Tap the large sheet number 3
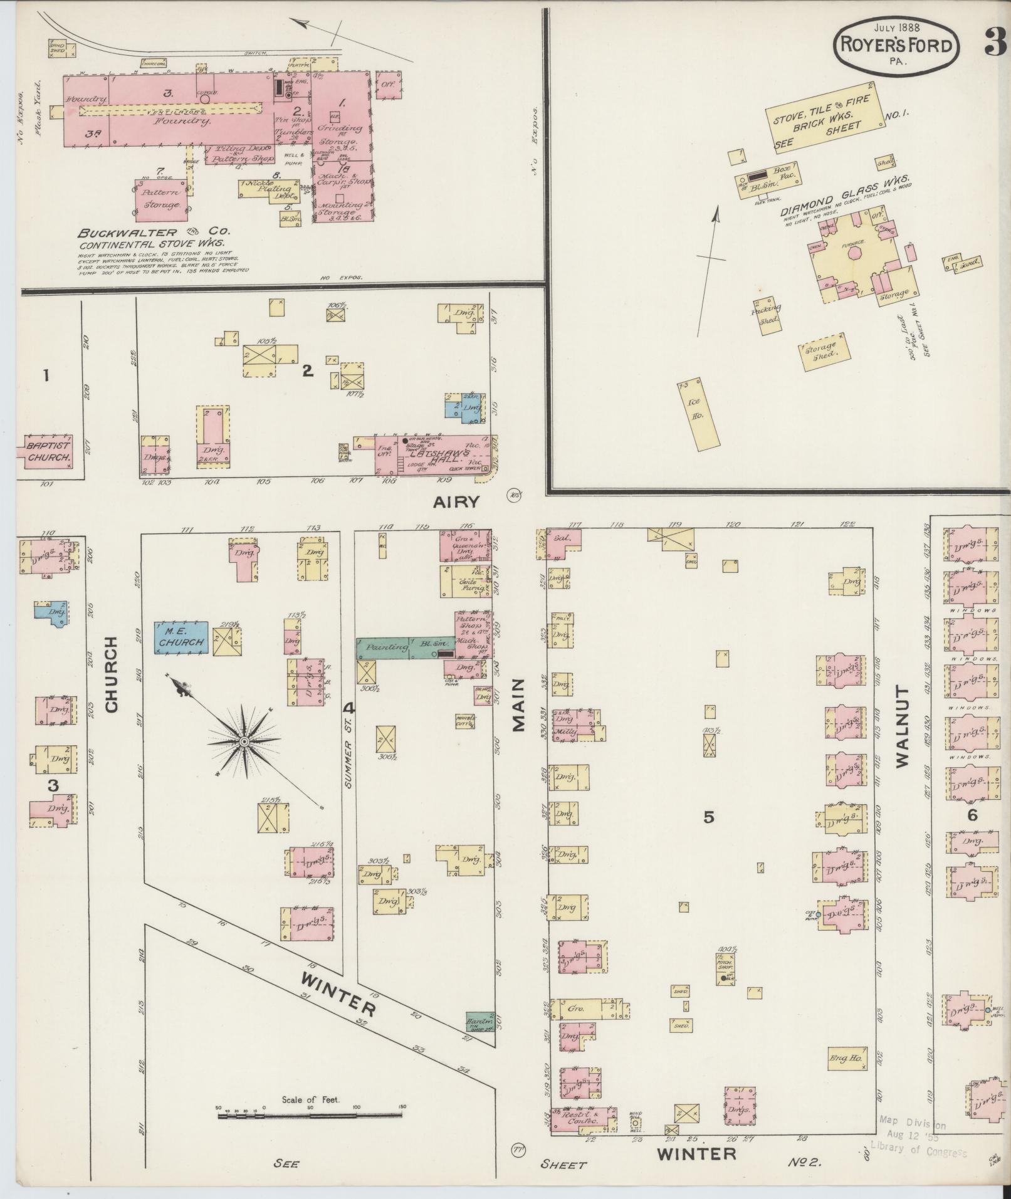[x=993, y=43]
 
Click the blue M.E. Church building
[x=182, y=637]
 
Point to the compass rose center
[x=243, y=741]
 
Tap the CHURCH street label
[x=112, y=674]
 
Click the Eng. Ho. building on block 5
[x=847, y=1058]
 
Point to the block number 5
[x=708, y=817]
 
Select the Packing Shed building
[x=768, y=315]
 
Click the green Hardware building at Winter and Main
[x=479, y=1020]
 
